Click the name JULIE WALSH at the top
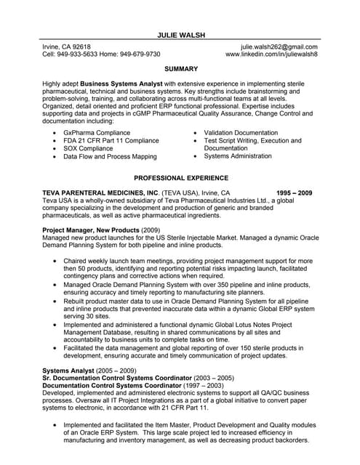click(x=181, y=34)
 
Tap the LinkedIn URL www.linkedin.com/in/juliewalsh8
click(x=271, y=54)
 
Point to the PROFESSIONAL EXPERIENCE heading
click(x=181, y=177)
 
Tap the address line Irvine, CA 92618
click(x=67, y=46)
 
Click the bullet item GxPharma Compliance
click(x=97, y=133)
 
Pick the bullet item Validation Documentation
click(x=241, y=133)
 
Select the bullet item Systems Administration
click(x=238, y=156)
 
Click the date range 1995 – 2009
click(x=295, y=193)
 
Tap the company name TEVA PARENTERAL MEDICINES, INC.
click(x=100, y=193)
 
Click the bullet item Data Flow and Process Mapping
click(x=110, y=156)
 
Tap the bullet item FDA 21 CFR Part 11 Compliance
click(x=111, y=141)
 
